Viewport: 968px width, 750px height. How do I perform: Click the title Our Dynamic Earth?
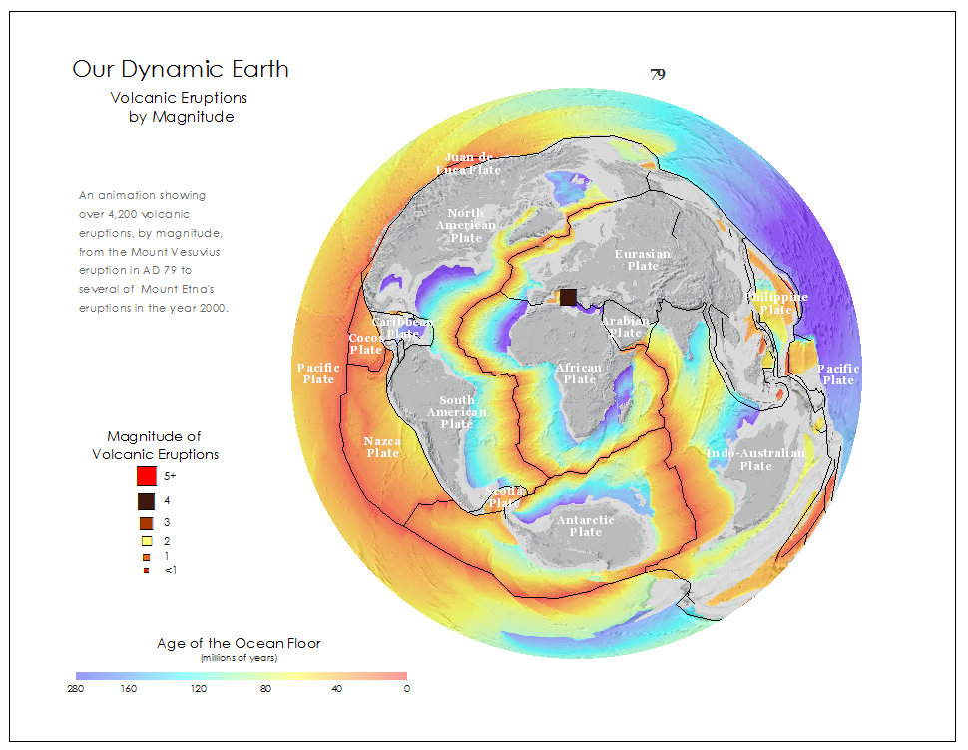coord(181,69)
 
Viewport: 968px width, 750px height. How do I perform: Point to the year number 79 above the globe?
coord(658,74)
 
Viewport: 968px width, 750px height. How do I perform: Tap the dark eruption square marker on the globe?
coord(568,297)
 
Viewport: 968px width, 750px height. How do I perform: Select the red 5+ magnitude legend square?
coord(146,477)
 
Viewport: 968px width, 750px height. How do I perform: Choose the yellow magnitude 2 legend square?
coord(146,541)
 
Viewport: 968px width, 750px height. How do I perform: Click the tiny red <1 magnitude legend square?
coord(146,570)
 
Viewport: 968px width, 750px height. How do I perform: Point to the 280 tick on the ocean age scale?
coord(76,689)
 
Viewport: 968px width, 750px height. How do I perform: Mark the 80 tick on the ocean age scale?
coord(265,689)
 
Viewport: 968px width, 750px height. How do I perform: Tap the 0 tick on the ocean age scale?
coord(406,689)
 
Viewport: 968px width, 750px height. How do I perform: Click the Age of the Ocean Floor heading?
coord(239,643)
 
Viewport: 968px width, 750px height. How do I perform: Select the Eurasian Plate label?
coord(643,260)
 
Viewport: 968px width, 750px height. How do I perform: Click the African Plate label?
coord(579,374)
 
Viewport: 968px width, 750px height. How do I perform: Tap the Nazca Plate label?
coord(382,446)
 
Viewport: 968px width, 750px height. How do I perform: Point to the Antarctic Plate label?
coord(586,526)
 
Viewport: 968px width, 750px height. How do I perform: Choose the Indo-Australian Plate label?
coord(755,459)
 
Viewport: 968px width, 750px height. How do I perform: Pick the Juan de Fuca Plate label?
coord(468,163)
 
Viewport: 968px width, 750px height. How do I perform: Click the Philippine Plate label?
coord(776,304)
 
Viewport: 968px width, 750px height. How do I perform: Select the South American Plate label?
coord(457,412)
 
